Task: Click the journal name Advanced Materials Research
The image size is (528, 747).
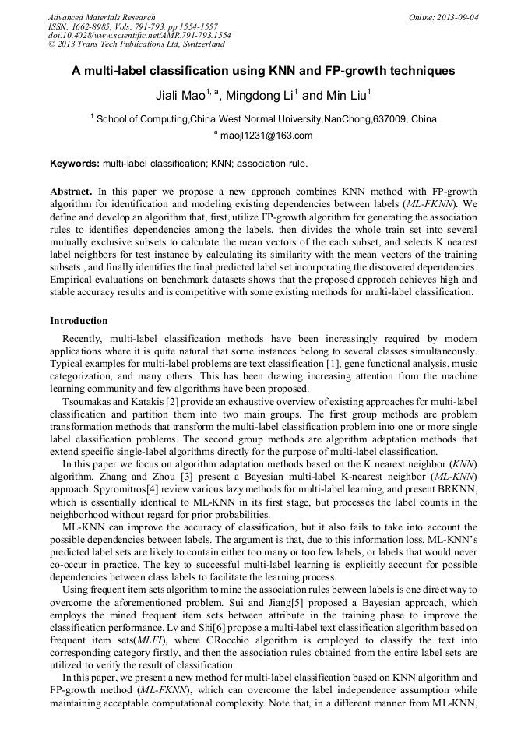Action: tap(101, 17)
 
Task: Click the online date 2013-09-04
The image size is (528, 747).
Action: tap(459, 17)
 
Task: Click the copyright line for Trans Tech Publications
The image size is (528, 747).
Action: tap(136, 44)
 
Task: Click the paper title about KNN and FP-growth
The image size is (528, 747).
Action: tap(263, 71)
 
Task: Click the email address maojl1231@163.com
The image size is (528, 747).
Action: tap(266, 135)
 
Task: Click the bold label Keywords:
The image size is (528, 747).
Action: tap(75, 164)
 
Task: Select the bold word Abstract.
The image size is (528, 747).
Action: tap(71, 191)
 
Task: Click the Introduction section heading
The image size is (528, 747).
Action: tap(79, 320)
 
